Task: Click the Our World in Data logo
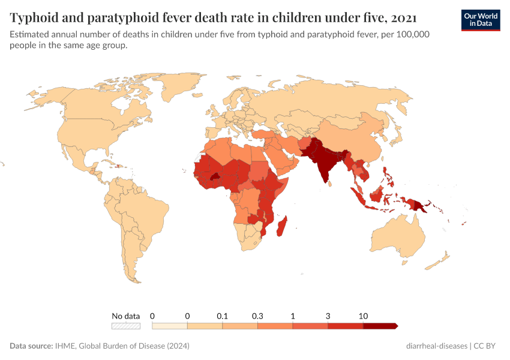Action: pyautogui.click(x=480, y=19)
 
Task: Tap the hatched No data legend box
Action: pyautogui.click(x=125, y=326)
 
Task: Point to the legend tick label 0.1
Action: pyautogui.click(x=223, y=316)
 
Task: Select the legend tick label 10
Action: pyautogui.click(x=363, y=316)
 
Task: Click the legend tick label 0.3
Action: pyautogui.click(x=258, y=316)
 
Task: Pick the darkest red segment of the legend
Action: pyautogui.click(x=380, y=326)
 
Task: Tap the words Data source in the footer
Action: pyautogui.click(x=31, y=346)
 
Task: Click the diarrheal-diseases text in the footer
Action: pyautogui.click(x=437, y=346)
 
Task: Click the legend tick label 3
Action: pyautogui.click(x=328, y=316)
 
